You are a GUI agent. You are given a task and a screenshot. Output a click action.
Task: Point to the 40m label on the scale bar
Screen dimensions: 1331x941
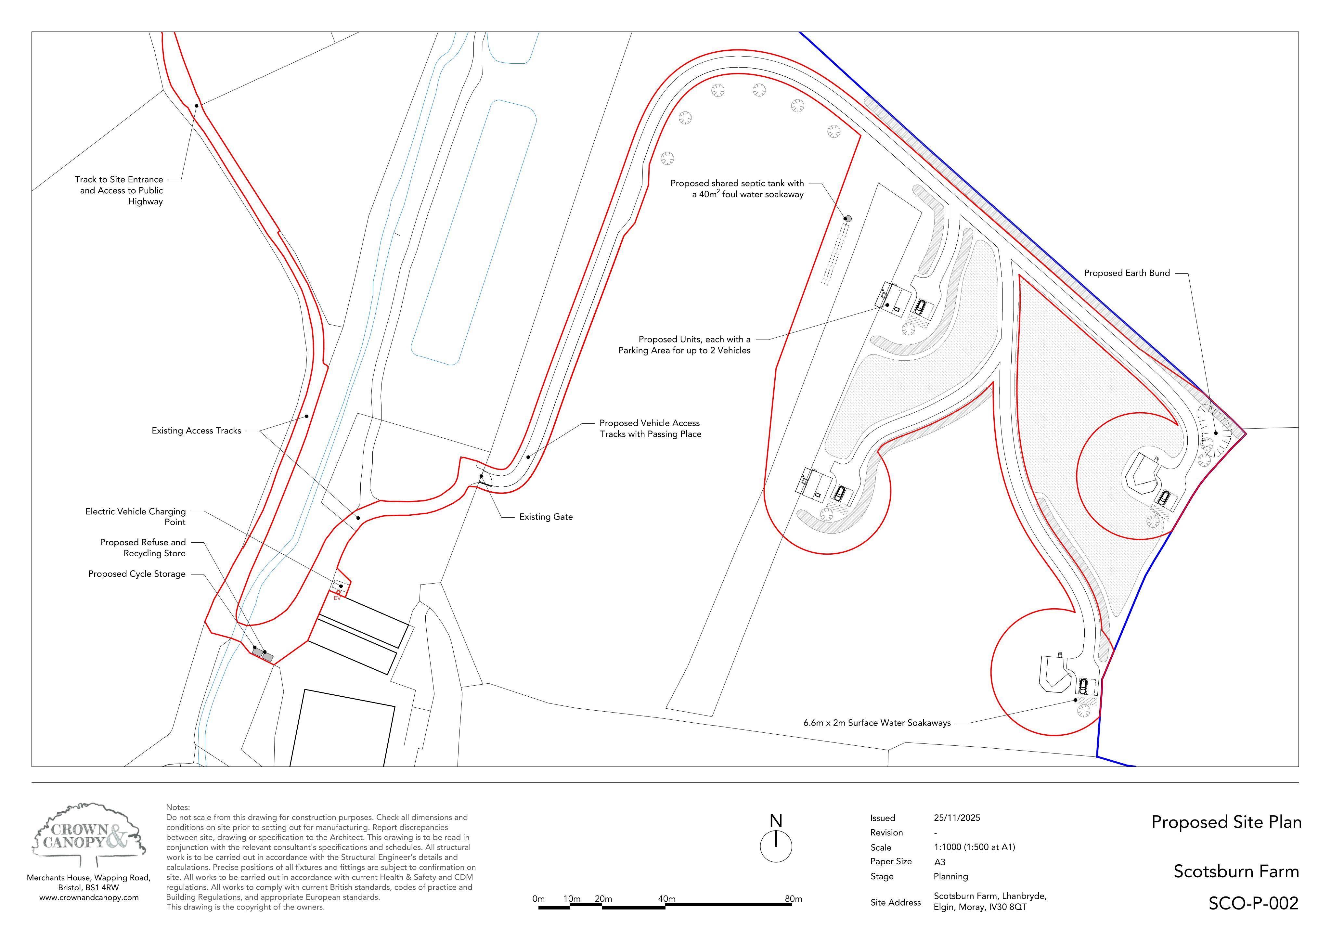667,899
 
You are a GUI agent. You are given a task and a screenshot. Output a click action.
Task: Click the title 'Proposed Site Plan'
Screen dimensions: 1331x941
1226,822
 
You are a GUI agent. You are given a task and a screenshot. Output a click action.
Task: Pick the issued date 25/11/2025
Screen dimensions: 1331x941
957,818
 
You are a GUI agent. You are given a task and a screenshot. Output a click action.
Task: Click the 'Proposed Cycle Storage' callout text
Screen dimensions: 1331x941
137,574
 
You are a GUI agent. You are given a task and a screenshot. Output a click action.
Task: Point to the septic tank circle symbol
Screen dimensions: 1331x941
848,219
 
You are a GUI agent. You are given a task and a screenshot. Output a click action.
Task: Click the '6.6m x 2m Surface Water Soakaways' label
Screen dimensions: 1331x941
877,723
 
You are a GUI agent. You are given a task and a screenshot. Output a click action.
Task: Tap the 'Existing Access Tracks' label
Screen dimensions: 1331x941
197,431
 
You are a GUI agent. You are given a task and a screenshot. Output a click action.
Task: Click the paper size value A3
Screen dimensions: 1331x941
940,862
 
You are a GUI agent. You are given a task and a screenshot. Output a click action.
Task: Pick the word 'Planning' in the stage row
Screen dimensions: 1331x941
951,877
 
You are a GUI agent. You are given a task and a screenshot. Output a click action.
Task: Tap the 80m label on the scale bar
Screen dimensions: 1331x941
794,899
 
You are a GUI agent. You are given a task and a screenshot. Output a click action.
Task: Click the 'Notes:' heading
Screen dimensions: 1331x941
178,807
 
